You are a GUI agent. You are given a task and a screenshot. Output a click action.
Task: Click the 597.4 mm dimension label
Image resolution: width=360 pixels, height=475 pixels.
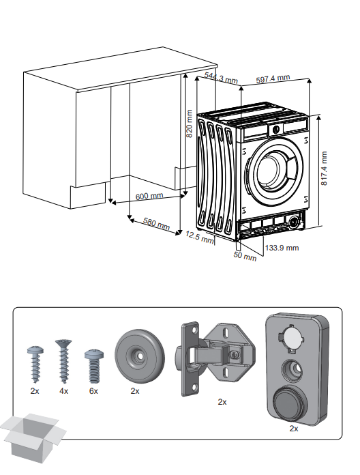[x=273, y=78]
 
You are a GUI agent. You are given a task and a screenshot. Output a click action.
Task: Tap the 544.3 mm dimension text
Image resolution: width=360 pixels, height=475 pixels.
[x=221, y=78]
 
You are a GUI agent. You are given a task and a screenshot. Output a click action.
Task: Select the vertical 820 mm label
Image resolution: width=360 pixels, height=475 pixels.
[x=190, y=124]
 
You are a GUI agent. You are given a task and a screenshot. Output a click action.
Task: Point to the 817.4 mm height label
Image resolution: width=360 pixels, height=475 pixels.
[x=324, y=169]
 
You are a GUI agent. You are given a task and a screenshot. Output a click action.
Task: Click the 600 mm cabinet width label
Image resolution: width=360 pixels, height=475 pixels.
[x=149, y=196]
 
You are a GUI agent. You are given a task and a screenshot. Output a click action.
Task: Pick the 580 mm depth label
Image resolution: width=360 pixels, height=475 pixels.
[x=156, y=223]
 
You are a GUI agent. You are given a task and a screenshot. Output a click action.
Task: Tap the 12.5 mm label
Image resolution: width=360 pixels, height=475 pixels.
[x=199, y=237]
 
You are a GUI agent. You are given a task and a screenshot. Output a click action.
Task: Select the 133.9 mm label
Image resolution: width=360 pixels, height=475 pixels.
[x=282, y=248]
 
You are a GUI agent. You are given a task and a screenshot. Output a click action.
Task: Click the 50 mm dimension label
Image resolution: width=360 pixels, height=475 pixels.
[x=245, y=256]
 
